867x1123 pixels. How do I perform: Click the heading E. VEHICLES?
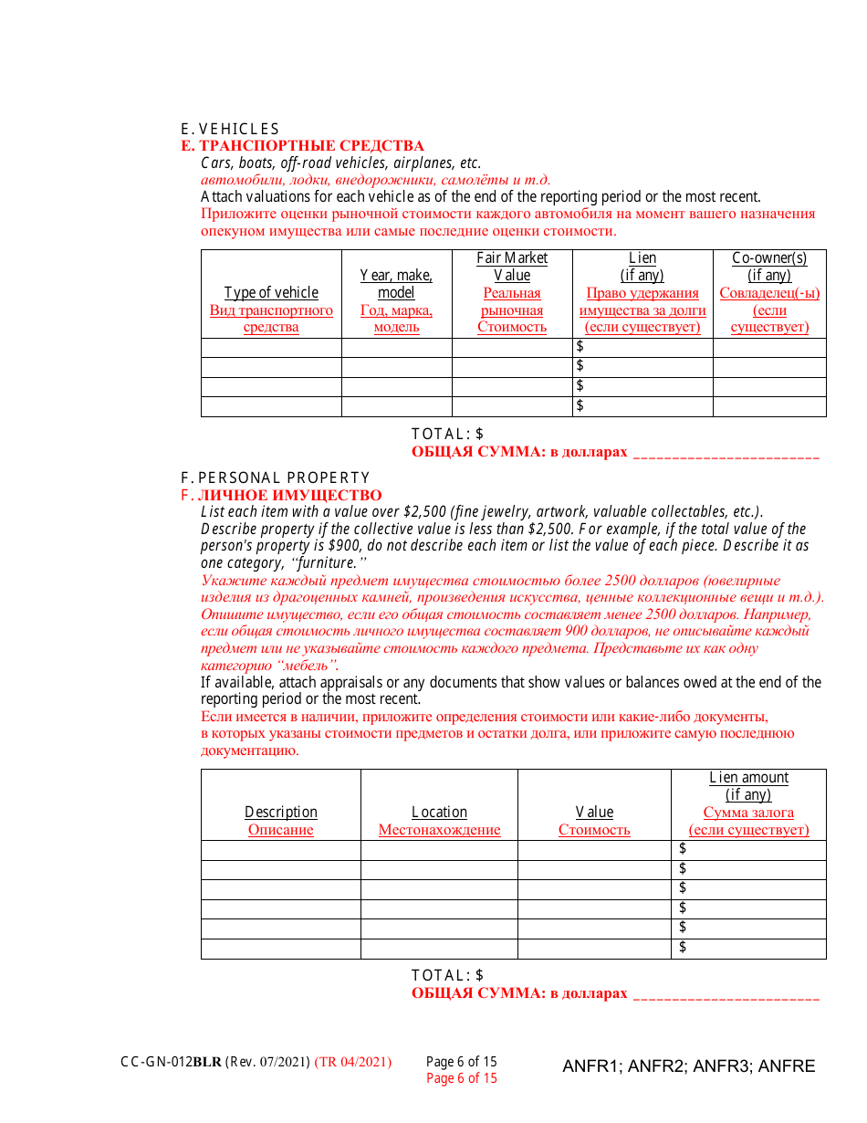click(230, 129)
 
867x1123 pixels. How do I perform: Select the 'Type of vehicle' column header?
click(271, 293)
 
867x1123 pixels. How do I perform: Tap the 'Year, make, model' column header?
click(396, 284)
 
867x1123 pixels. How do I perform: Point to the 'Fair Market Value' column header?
click(512, 267)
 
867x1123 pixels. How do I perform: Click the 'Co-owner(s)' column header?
click(769, 258)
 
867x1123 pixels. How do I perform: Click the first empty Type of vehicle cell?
click(271, 348)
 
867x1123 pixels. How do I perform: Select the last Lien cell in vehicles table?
click(642, 406)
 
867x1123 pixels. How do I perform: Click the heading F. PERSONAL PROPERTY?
click(275, 478)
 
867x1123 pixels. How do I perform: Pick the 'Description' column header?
click(281, 813)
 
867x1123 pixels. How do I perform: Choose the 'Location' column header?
click(439, 813)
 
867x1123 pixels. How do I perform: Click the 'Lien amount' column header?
click(748, 778)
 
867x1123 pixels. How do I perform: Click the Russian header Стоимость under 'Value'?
click(594, 830)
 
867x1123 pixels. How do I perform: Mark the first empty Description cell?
click(281, 850)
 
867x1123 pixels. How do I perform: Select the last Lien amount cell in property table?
click(748, 949)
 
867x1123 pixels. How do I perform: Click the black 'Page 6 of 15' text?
click(461, 1062)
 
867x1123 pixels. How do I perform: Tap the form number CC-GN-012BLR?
click(171, 1062)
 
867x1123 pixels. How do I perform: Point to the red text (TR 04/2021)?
click(353, 1062)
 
